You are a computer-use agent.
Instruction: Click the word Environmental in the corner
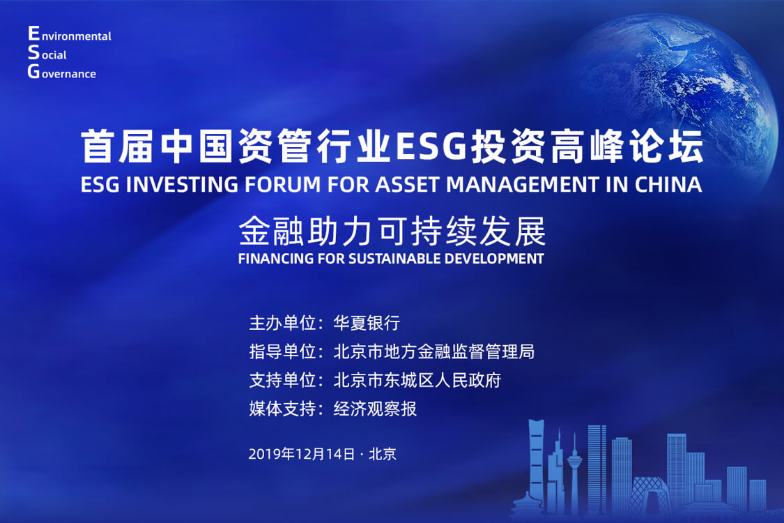(x=70, y=35)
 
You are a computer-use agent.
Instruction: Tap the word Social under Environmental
(x=47, y=53)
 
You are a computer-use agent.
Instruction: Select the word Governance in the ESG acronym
(x=61, y=72)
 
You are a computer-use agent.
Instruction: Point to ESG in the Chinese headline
(x=431, y=146)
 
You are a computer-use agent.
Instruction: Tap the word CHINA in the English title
(x=668, y=185)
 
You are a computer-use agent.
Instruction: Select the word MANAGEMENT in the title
(x=522, y=185)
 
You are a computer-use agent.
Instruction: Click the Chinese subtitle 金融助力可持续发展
(x=392, y=232)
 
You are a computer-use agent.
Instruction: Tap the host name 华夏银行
(x=367, y=323)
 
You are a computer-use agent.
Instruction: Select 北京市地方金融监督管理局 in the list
(x=434, y=351)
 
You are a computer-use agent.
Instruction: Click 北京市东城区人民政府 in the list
(x=417, y=380)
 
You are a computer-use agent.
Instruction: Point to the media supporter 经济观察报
(x=375, y=409)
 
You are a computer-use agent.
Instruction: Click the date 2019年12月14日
(x=302, y=454)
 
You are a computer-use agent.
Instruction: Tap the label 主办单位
(x=282, y=323)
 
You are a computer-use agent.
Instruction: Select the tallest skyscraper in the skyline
(x=537, y=465)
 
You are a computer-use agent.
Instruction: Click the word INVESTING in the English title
(x=182, y=185)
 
